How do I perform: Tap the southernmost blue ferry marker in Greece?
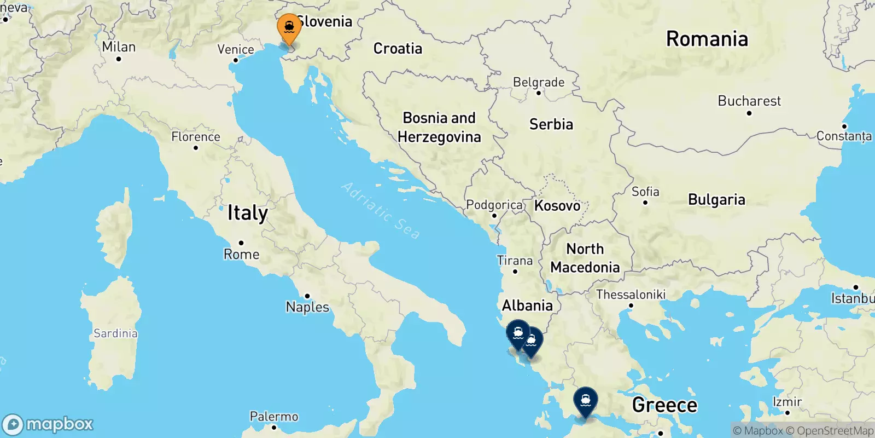coord(585,402)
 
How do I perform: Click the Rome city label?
coord(241,254)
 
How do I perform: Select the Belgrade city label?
coord(538,82)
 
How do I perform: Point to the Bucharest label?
coord(749,101)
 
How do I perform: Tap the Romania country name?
coord(707,39)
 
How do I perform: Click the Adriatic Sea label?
coord(381,210)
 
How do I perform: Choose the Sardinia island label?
coord(115,333)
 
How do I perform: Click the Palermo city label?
coord(274,417)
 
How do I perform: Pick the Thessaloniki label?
coord(631,295)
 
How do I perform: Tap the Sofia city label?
coord(645,192)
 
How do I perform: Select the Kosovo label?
coord(557,206)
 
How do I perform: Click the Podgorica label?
coord(494,205)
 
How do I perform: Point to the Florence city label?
coord(196,136)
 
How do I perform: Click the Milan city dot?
coord(119,59)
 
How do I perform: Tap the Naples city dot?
coord(307,296)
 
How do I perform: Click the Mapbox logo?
coord(48,424)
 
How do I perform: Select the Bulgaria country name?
coord(716,200)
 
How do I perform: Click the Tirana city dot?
coord(515,272)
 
